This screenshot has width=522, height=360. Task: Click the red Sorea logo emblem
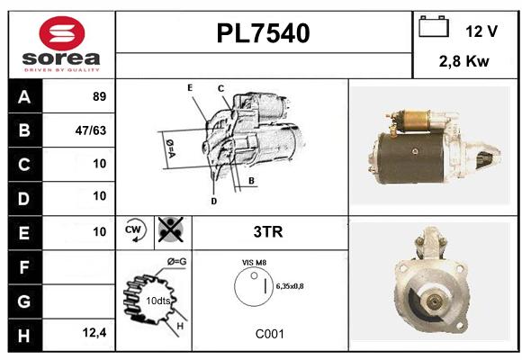click(62, 33)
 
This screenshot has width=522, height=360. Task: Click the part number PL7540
click(263, 33)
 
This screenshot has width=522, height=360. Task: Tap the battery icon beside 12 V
click(434, 26)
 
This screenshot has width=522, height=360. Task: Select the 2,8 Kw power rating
click(463, 61)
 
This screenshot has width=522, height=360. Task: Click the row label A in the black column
click(24, 97)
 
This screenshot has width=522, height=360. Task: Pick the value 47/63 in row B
click(91, 130)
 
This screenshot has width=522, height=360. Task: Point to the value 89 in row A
click(100, 96)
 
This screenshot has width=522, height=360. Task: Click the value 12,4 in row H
click(94, 332)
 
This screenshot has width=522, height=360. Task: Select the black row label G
click(24, 301)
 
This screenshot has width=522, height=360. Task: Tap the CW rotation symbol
click(134, 230)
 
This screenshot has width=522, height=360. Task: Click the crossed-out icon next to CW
click(171, 229)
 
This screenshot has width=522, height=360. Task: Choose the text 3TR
click(268, 232)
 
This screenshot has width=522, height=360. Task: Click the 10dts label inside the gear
click(158, 301)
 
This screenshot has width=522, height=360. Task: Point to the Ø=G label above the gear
click(176, 262)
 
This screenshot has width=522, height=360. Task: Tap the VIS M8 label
click(254, 263)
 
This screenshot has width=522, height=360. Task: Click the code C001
click(270, 334)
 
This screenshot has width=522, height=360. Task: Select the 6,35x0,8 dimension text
click(290, 286)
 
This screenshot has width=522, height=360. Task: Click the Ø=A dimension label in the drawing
click(170, 148)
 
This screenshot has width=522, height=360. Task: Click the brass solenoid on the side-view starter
click(415, 121)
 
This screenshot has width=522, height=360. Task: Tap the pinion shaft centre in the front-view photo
click(434, 302)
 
